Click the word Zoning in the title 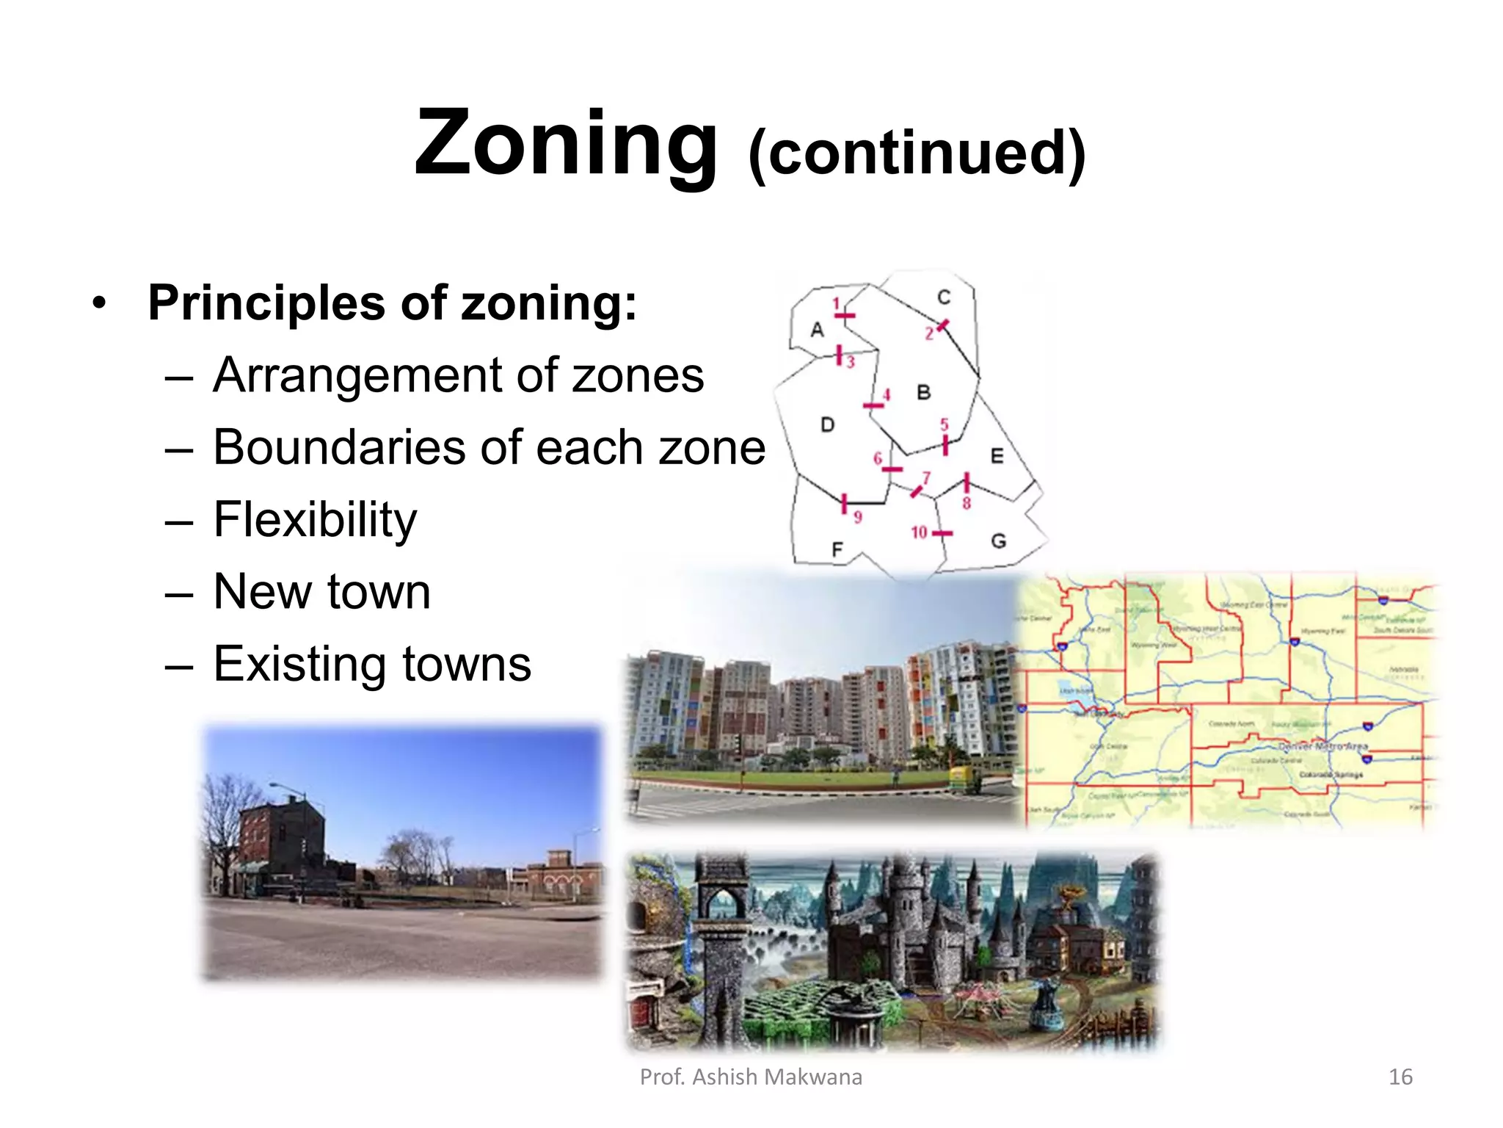565,143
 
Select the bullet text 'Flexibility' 315,519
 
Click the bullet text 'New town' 321,591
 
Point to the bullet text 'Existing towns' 372,663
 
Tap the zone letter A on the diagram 817,330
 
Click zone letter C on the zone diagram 944,297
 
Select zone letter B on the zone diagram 924,393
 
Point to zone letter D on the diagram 827,424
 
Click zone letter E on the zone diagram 997,456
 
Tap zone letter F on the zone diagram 837,549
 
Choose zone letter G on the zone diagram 998,541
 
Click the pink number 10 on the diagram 919,532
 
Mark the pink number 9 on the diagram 858,517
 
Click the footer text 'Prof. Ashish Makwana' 751,1077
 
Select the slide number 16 1400,1077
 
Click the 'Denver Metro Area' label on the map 1323,746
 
